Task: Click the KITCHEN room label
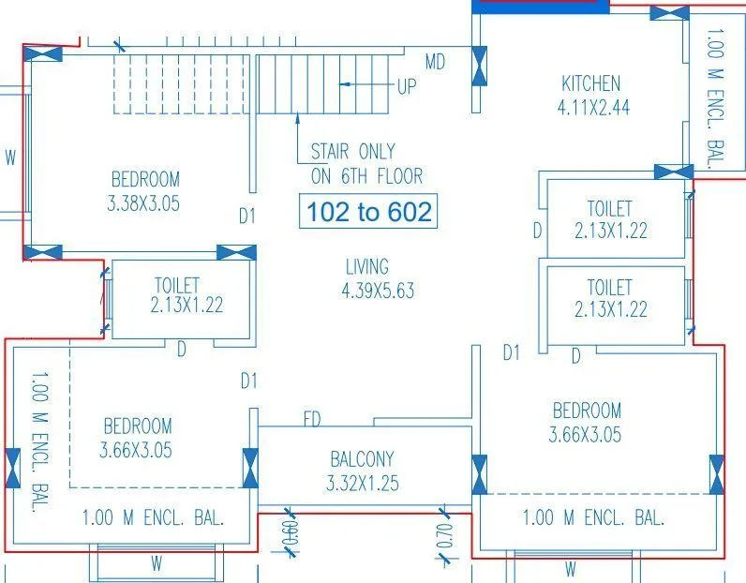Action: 590,84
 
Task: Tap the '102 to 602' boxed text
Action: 369,212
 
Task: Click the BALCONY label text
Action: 362,459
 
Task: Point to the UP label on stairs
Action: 407,86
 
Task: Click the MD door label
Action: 435,63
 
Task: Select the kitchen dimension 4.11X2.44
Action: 593,108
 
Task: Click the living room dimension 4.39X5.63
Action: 378,291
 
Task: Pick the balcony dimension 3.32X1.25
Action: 363,484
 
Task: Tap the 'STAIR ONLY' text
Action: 353,151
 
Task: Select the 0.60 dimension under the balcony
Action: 289,536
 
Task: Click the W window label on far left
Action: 10,158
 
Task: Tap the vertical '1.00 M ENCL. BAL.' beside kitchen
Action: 716,98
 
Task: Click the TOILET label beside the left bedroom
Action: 176,284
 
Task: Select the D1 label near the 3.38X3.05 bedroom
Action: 246,217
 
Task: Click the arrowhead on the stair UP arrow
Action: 344,85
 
